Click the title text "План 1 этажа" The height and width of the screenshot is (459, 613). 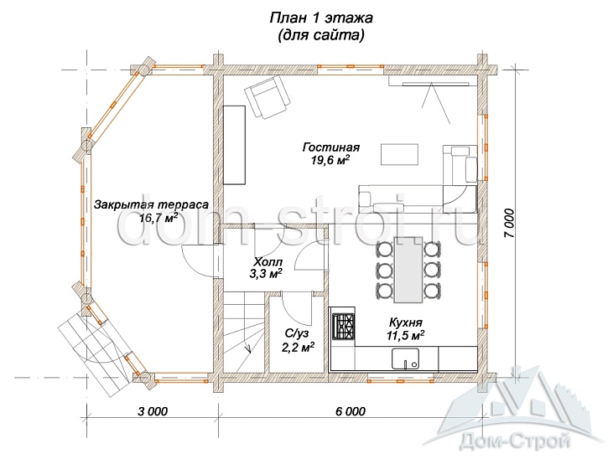pyautogui.click(x=321, y=18)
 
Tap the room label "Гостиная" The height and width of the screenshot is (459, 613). pyautogui.click(x=331, y=147)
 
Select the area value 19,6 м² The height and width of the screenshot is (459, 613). pyautogui.click(x=330, y=160)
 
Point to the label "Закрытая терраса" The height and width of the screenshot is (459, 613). pyautogui.click(x=151, y=204)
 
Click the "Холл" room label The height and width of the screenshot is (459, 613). pyautogui.click(x=268, y=261)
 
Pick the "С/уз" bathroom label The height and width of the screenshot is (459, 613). pyautogui.click(x=296, y=333)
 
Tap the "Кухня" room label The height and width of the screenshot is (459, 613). pyautogui.click(x=406, y=322)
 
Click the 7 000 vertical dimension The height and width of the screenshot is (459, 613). pyautogui.click(x=509, y=223)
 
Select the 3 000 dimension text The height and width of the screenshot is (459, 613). pyautogui.click(x=153, y=411)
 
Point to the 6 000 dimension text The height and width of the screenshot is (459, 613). pyautogui.click(x=351, y=411)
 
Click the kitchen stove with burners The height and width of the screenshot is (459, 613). pyautogui.click(x=343, y=327)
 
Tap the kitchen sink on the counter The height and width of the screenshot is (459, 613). pyautogui.click(x=405, y=358)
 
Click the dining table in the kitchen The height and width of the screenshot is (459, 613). pyautogui.click(x=408, y=270)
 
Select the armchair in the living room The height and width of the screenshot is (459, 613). pyautogui.click(x=268, y=97)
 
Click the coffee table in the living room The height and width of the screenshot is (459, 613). pyautogui.click(x=399, y=154)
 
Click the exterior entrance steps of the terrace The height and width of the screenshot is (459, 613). pyautogui.click(x=95, y=353)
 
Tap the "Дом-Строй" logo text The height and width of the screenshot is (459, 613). pyautogui.click(x=515, y=442)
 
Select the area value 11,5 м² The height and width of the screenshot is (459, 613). pyautogui.click(x=405, y=335)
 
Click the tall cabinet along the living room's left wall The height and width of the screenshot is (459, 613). pyautogui.click(x=234, y=145)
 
